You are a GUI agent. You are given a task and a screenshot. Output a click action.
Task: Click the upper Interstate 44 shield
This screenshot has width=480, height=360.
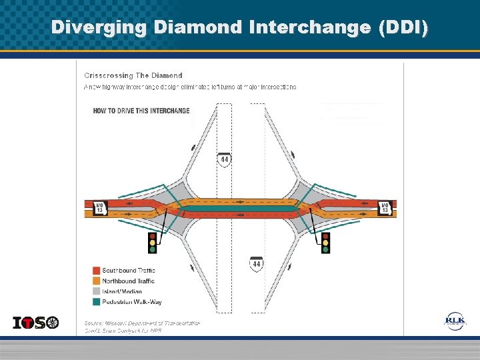coord(225,160)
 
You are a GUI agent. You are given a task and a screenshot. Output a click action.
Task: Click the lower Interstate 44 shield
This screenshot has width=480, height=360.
coord(257,265)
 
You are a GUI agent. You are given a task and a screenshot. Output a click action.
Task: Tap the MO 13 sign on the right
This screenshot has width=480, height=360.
coord(385,208)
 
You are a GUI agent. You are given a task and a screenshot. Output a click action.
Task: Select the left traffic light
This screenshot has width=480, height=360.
coord(152,242)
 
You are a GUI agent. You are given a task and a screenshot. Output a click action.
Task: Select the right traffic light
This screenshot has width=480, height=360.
coord(325,242)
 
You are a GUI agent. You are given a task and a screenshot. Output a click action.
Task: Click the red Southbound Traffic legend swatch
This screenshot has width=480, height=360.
coord(96,270)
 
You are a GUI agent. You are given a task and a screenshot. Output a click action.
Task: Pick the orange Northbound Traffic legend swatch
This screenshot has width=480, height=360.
coord(96,281)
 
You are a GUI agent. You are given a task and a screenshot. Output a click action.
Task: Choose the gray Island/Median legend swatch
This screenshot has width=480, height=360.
coord(96,291)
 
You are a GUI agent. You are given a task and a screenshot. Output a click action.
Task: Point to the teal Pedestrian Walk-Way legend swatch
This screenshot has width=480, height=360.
coord(96,302)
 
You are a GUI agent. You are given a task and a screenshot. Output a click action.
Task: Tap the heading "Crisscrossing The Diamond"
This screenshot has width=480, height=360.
coord(133,75)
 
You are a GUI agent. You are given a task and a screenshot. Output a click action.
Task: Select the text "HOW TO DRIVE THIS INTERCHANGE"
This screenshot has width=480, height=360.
coord(141,111)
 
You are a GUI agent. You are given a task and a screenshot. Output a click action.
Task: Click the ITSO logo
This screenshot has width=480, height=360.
coord(36,323)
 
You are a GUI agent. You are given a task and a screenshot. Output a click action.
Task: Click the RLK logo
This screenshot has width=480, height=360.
coord(455,322)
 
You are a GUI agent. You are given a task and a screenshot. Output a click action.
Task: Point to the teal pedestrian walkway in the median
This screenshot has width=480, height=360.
coord(240,209)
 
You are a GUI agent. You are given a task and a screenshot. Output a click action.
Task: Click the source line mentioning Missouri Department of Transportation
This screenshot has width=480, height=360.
coord(141,323)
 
